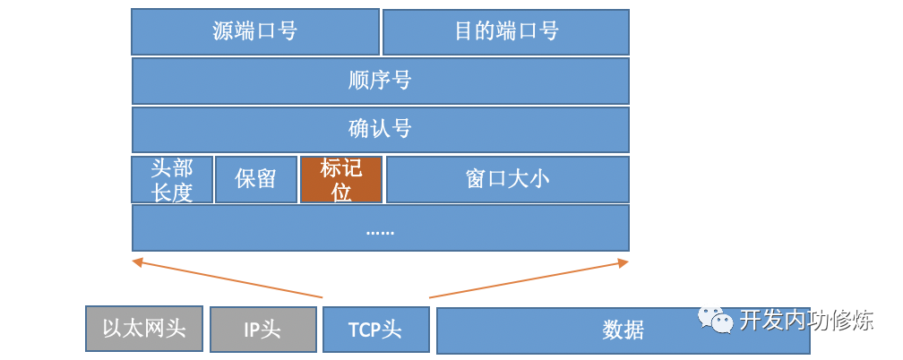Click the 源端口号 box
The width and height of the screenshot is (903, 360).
[255, 32]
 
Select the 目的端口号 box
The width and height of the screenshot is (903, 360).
[505, 32]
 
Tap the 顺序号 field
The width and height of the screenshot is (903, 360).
[380, 81]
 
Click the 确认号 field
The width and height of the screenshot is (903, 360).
[380, 130]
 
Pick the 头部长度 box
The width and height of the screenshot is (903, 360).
[172, 180]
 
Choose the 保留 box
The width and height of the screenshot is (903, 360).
[255, 180]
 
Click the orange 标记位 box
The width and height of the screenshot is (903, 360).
[341, 180]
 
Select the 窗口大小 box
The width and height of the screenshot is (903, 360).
[507, 180]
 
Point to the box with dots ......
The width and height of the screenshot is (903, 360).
[380, 228]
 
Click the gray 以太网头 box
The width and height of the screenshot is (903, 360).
[144, 329]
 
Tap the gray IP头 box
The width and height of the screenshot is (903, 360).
[262, 330]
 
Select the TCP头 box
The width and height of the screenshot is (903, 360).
[375, 329]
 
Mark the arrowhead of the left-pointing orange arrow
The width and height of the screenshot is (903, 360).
[135, 261]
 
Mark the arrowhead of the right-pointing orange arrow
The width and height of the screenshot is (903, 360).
[625, 261]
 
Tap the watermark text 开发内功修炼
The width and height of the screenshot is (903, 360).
[806, 321]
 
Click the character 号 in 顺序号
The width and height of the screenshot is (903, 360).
[402, 81]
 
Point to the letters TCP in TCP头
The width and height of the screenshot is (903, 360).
[365, 330]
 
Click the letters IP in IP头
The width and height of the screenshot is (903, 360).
[252, 330]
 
